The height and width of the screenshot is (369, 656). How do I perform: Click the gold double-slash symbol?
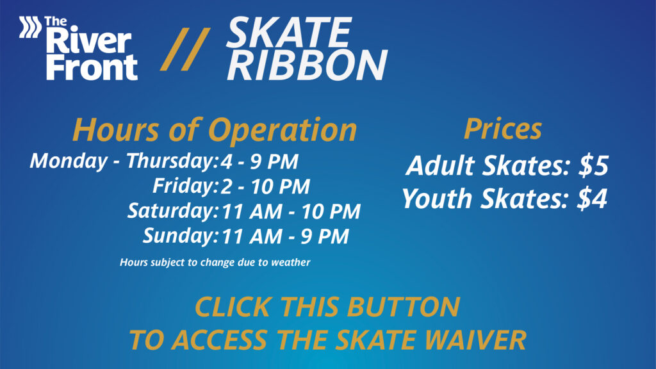[x=185, y=49]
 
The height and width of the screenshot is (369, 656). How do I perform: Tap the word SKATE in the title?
[x=289, y=32]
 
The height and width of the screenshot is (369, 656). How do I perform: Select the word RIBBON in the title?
[x=307, y=65]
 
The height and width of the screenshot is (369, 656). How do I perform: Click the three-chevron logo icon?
[x=30, y=27]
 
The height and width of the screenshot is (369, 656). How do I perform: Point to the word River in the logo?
[x=88, y=41]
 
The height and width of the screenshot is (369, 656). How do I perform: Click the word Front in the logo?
[x=92, y=67]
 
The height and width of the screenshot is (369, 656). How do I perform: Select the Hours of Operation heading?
[x=215, y=130]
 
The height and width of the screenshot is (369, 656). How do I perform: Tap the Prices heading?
[x=503, y=129]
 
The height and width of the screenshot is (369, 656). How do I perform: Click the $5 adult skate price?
[x=593, y=165]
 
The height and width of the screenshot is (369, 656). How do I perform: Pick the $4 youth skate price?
[x=592, y=199]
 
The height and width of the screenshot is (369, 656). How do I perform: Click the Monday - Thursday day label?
[x=124, y=161]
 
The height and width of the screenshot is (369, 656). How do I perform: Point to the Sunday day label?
[x=180, y=236]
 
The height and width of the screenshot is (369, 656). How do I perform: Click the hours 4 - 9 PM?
[x=259, y=161]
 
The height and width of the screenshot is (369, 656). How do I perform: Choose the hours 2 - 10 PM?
[x=265, y=186]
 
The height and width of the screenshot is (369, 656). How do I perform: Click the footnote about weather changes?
[x=215, y=262]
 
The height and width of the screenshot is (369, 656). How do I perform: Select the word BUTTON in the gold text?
[x=404, y=307]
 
